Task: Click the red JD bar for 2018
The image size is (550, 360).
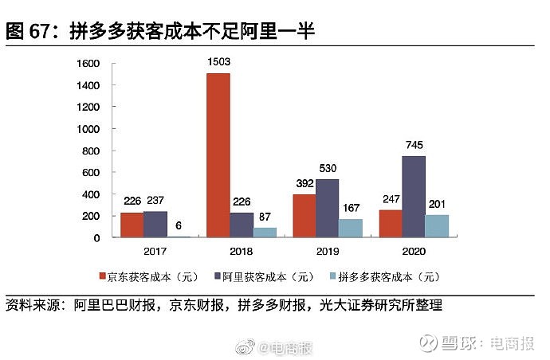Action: (x=218, y=155)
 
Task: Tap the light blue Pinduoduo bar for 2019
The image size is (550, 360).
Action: (x=351, y=228)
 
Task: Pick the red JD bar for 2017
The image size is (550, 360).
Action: (x=132, y=225)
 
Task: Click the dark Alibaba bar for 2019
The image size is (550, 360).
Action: (x=328, y=208)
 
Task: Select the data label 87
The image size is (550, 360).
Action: (x=265, y=217)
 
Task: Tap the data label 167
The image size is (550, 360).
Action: (x=352, y=209)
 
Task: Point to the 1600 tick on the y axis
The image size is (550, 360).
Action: (x=88, y=64)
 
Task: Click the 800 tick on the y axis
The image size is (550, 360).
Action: (x=92, y=151)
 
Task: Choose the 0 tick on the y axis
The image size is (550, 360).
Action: (x=96, y=237)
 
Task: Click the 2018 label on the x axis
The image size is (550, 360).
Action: (x=242, y=251)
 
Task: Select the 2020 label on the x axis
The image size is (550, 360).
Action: (x=414, y=251)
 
